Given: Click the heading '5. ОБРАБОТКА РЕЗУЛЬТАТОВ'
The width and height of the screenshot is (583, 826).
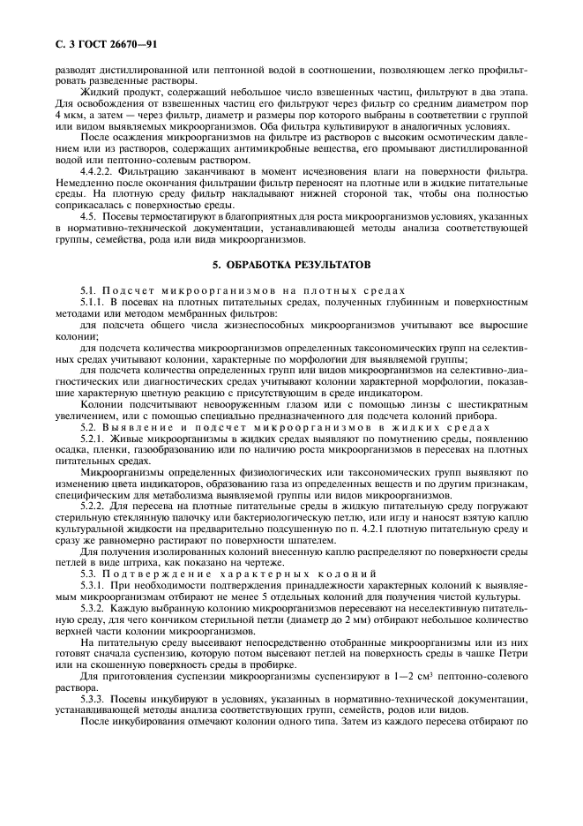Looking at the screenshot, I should pyautogui.click(x=291, y=264).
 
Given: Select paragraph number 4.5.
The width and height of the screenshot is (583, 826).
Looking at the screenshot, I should pyautogui.click(x=88, y=215).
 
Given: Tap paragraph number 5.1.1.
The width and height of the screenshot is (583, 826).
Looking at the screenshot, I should pyautogui.click(x=92, y=303).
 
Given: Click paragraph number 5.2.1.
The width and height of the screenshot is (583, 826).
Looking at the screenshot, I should pyautogui.click(x=92, y=438).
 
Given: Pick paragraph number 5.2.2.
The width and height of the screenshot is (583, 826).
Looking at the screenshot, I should pyautogui.click(x=92, y=507).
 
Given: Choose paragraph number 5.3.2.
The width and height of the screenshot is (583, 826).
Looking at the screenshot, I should pyautogui.click(x=92, y=609).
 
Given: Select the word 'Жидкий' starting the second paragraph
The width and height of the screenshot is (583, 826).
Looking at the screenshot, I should pyautogui.click(x=98, y=93).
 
